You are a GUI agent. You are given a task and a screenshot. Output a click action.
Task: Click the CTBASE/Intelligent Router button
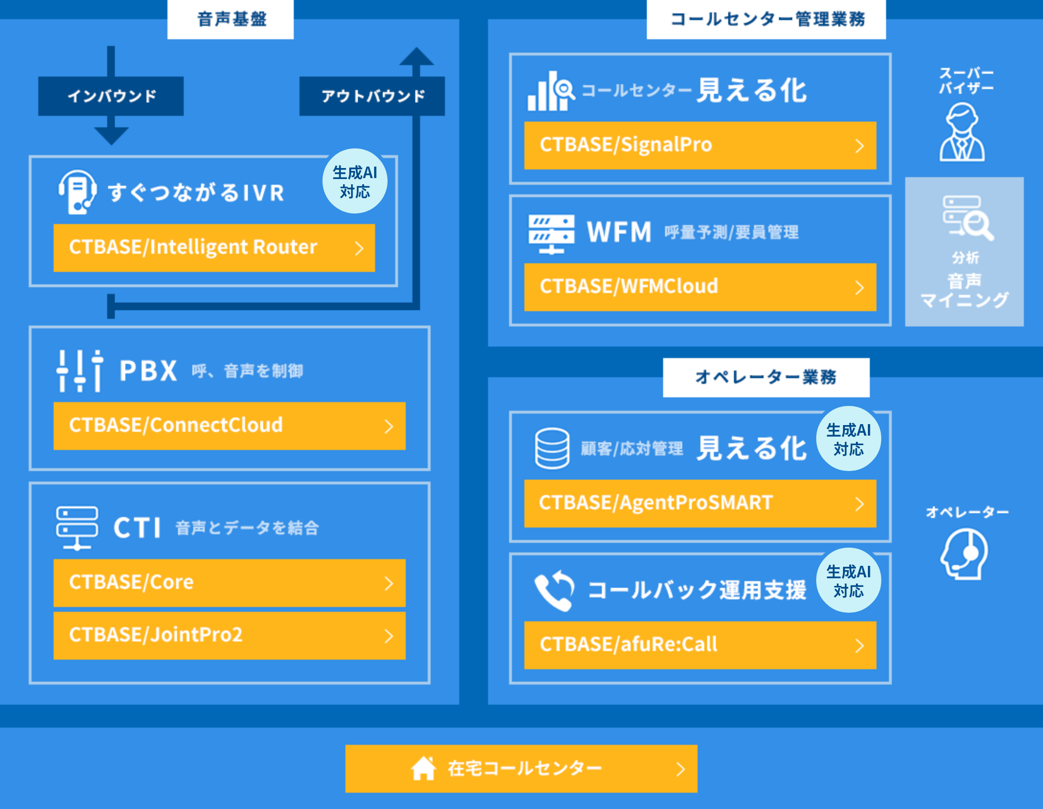click(x=214, y=248)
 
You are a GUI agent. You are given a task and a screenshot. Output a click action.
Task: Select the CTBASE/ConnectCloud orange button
click(x=229, y=426)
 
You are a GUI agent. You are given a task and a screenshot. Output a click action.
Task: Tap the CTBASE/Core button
click(x=229, y=583)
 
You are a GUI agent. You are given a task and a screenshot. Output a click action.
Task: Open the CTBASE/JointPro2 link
click(x=229, y=636)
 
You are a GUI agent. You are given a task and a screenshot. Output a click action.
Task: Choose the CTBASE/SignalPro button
click(x=700, y=146)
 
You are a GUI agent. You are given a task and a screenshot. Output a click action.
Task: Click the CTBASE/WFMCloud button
click(x=700, y=287)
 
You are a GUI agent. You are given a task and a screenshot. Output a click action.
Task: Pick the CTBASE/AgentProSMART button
click(x=700, y=504)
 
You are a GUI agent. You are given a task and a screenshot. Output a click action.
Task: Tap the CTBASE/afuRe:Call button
click(x=700, y=645)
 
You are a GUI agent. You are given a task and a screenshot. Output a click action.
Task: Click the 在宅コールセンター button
click(x=521, y=769)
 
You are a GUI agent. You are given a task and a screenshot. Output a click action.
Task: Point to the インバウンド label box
click(x=111, y=96)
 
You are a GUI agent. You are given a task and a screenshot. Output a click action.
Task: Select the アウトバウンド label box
click(x=372, y=96)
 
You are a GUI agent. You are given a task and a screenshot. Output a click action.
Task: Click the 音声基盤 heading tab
click(x=231, y=20)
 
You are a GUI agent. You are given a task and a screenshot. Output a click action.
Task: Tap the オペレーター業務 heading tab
click(x=766, y=378)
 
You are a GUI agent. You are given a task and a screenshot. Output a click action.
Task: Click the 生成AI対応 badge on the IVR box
click(x=355, y=181)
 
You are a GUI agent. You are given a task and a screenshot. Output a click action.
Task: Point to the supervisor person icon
click(x=962, y=132)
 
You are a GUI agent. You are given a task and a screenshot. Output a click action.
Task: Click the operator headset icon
click(x=965, y=554)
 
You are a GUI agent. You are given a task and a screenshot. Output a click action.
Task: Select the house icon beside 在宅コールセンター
click(x=423, y=768)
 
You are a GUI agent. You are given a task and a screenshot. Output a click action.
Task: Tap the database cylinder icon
click(x=552, y=449)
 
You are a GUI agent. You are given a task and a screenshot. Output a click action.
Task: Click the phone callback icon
click(x=555, y=590)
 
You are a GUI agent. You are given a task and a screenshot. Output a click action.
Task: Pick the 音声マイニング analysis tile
click(x=965, y=252)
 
